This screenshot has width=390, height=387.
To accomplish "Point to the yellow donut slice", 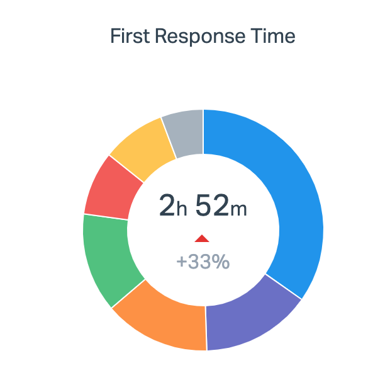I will coord(142,142).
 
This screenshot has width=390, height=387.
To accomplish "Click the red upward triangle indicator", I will coord(202,238).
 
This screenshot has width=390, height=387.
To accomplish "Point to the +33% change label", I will coord(203,261).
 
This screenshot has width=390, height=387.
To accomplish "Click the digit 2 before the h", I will coord(167,205).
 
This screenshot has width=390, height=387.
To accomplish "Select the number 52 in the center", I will coord(211,205).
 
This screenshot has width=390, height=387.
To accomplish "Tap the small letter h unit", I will coord(182,210).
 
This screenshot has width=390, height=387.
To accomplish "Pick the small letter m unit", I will coord(238,210).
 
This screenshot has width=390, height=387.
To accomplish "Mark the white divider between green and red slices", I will coord(106,217).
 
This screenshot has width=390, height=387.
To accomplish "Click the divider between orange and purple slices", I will coord(206,328).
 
